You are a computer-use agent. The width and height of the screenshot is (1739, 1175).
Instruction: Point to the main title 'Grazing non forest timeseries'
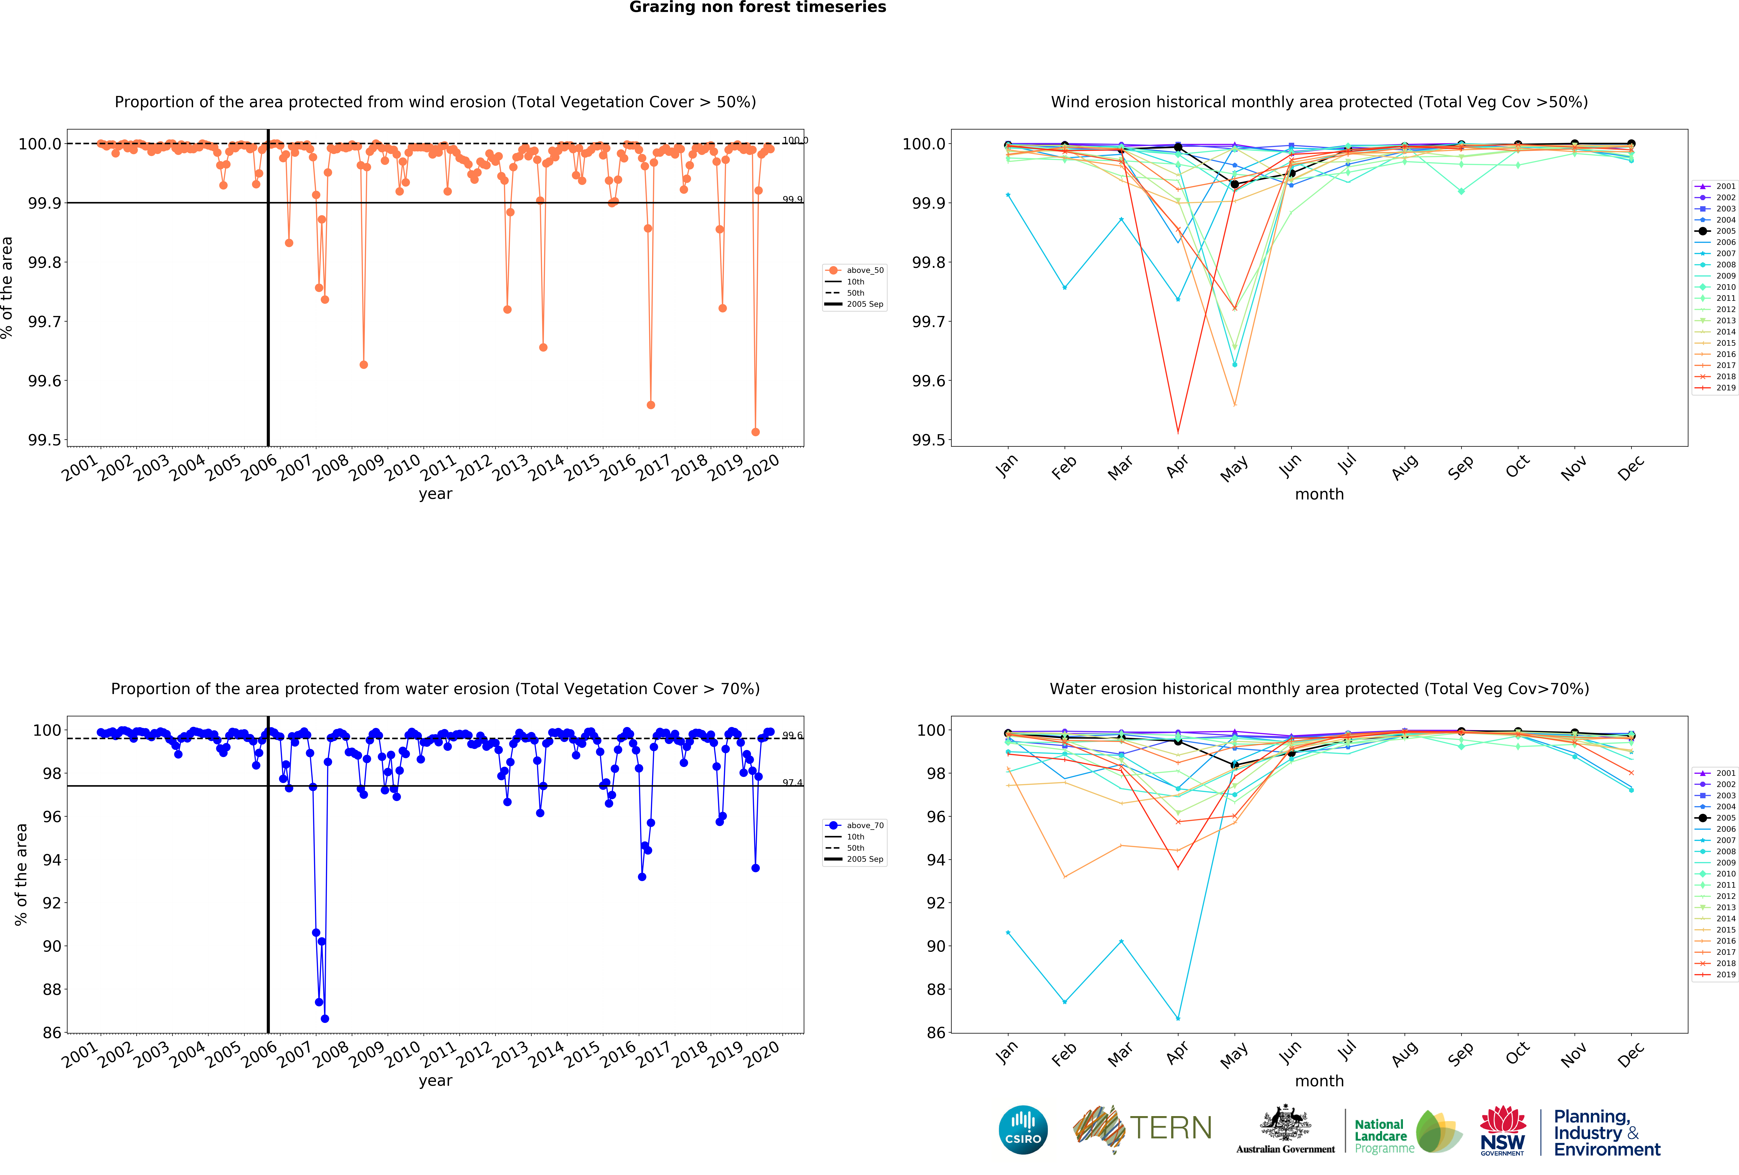pyautogui.click(x=757, y=8)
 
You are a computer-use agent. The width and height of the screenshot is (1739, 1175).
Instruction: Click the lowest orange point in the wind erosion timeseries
pyautogui.click(x=755, y=432)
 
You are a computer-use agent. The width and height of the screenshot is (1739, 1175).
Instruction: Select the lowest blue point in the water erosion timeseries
pyautogui.click(x=325, y=1019)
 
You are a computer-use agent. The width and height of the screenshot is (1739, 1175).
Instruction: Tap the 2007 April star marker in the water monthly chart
pyautogui.click(x=1178, y=1019)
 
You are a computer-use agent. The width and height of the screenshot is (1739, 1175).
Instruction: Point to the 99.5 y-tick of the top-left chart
pyautogui.click(x=45, y=440)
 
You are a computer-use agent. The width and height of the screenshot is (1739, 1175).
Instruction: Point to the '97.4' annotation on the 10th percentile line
pyautogui.click(x=792, y=783)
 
